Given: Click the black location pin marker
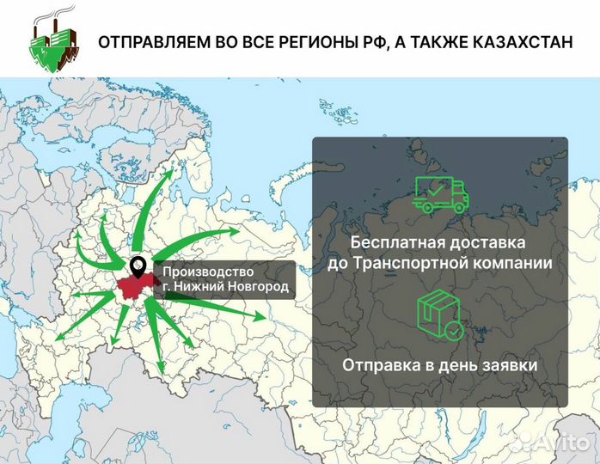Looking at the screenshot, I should (138, 266).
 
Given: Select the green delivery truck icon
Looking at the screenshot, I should (440, 194).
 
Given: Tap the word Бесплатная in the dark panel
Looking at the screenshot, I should (392, 241).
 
